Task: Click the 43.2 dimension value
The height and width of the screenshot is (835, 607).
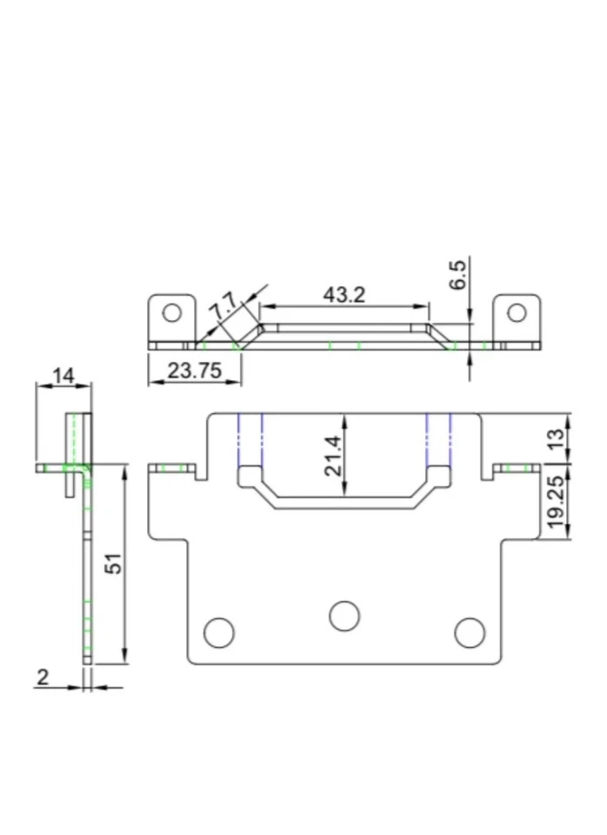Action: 344,295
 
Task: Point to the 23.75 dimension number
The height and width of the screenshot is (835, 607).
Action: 193,371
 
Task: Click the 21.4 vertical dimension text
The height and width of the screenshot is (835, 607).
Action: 332,456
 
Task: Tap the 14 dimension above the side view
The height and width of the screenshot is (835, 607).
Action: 63,376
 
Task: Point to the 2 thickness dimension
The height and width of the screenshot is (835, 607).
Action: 43,678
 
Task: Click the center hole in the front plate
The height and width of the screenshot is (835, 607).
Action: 344,615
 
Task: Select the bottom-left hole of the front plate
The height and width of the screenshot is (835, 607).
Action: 218,632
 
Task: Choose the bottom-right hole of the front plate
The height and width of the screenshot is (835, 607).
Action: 470,632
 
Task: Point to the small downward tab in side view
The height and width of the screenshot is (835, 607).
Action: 69,483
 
